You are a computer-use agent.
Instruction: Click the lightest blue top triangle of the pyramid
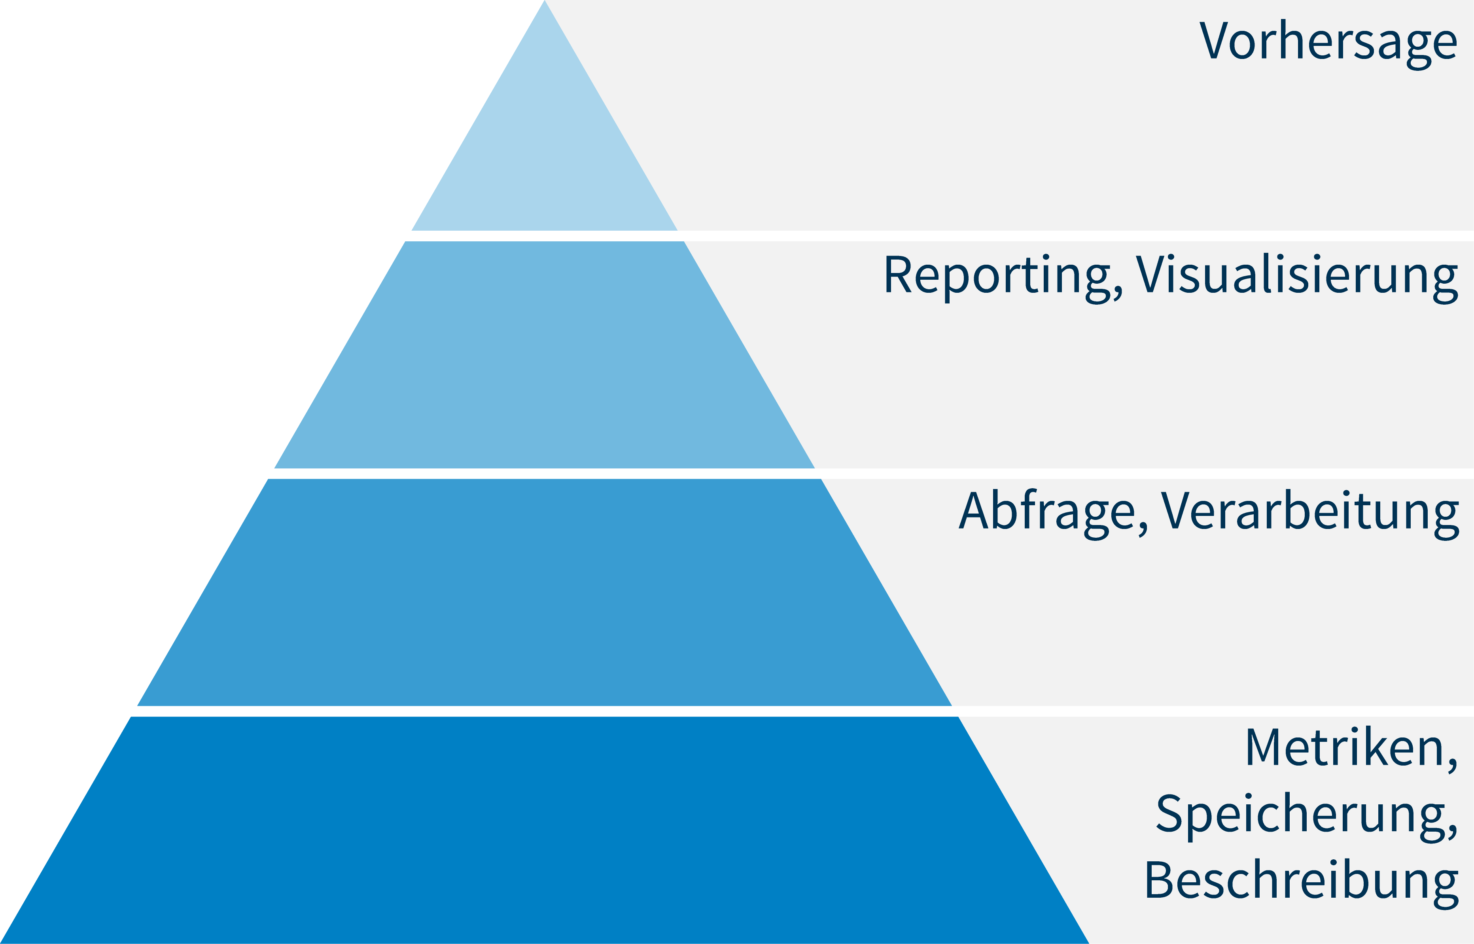(x=544, y=153)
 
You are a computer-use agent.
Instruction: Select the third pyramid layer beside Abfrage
(x=544, y=592)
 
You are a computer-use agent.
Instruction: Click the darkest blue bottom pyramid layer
(x=544, y=830)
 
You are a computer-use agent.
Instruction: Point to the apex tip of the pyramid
(x=544, y=1)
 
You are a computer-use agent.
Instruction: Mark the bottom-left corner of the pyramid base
(x=1, y=943)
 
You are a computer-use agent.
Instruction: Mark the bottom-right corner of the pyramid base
(x=1089, y=943)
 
